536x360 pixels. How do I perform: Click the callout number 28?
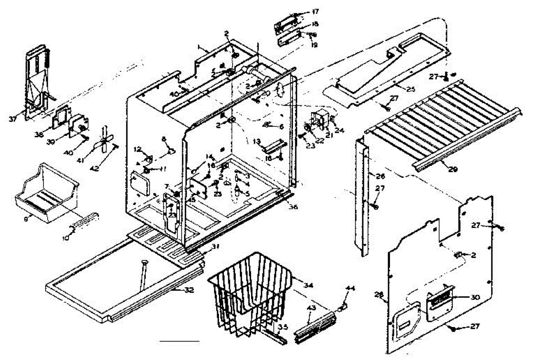[x=379, y=293]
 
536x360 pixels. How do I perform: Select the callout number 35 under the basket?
[x=282, y=327]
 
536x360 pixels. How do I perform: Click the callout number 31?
[x=216, y=247]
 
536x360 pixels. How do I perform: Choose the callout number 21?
[x=329, y=134]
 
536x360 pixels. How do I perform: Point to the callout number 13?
[x=257, y=141]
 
